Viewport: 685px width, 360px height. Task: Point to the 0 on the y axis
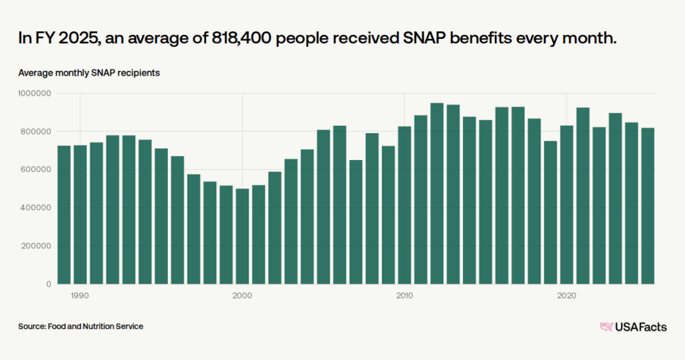(x=49, y=284)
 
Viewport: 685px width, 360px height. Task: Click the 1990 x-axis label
(x=80, y=295)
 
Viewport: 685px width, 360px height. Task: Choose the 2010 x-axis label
(x=405, y=295)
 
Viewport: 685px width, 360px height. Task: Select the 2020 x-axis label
(x=567, y=295)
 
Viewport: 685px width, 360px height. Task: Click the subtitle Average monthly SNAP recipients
(x=89, y=72)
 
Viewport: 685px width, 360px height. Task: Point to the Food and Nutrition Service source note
(x=81, y=327)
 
